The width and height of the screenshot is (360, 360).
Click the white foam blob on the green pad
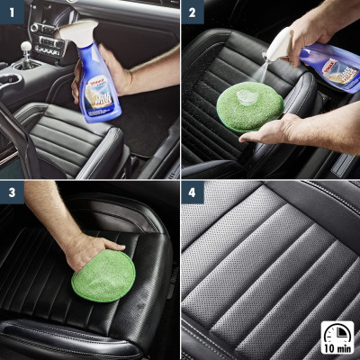click(245, 95)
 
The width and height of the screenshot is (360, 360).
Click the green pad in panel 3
click(103, 274)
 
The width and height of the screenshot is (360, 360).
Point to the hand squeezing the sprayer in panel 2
click(315, 27)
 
